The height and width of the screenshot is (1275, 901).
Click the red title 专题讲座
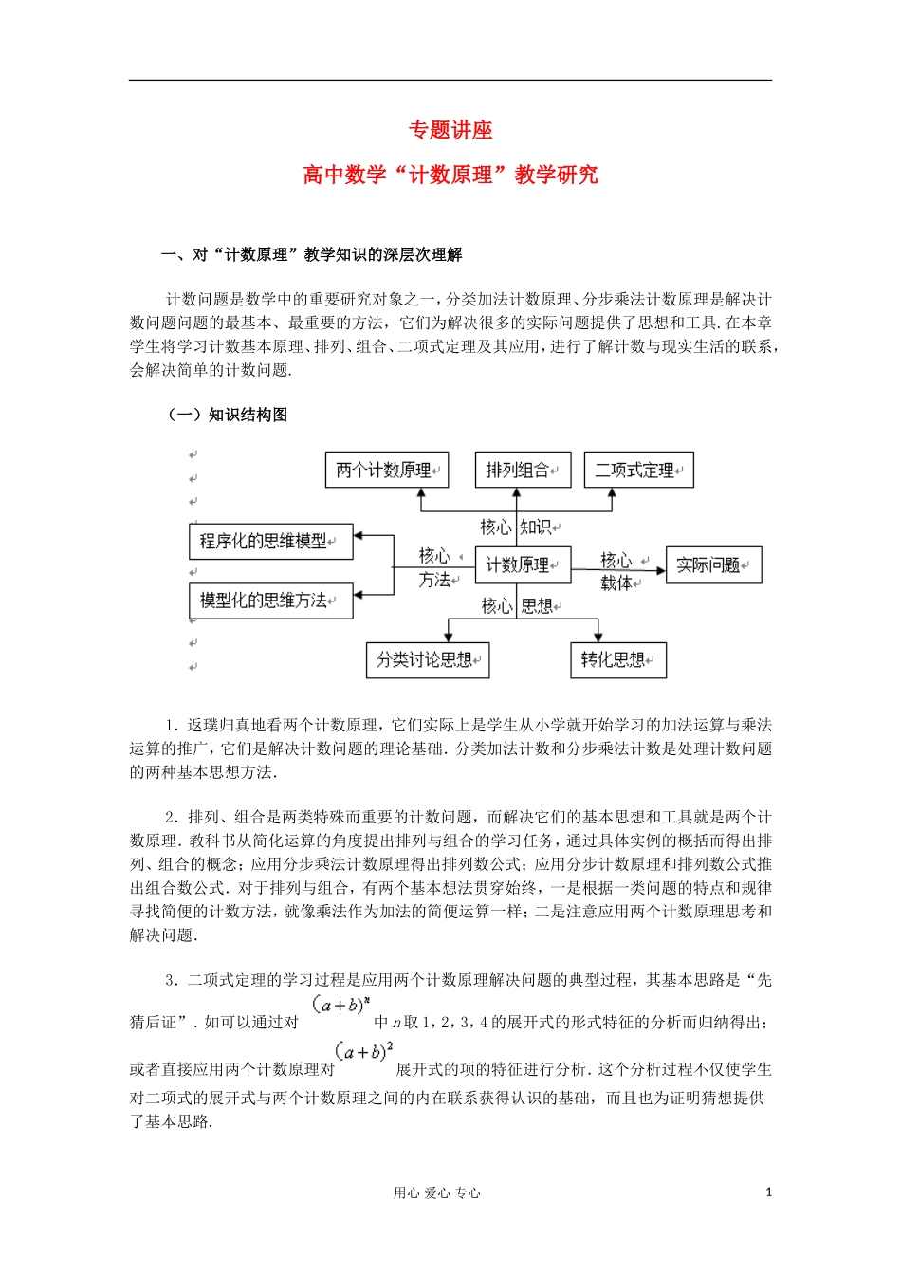tap(450, 130)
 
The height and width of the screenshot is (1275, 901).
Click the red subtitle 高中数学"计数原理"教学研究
tap(450, 175)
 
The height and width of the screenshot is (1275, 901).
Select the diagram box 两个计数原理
tap(386, 470)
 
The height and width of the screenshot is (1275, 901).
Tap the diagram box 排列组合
tap(522, 470)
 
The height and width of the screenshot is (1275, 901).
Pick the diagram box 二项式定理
tap(638, 470)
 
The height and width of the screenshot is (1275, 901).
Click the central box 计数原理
tap(522, 565)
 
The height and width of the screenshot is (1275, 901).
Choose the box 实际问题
tap(713, 565)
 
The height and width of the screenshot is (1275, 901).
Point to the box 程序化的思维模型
tap(271, 542)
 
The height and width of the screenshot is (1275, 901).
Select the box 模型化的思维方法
tap(271, 601)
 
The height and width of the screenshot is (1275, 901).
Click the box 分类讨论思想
tap(427, 660)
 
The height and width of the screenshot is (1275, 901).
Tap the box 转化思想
tap(617, 660)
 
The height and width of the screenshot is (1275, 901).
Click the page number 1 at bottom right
tap(768, 1192)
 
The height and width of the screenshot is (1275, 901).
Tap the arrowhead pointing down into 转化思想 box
tap(598, 637)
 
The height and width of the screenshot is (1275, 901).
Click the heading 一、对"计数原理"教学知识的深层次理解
tap(312, 254)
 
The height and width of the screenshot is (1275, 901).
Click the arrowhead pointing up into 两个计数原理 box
tap(421, 493)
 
